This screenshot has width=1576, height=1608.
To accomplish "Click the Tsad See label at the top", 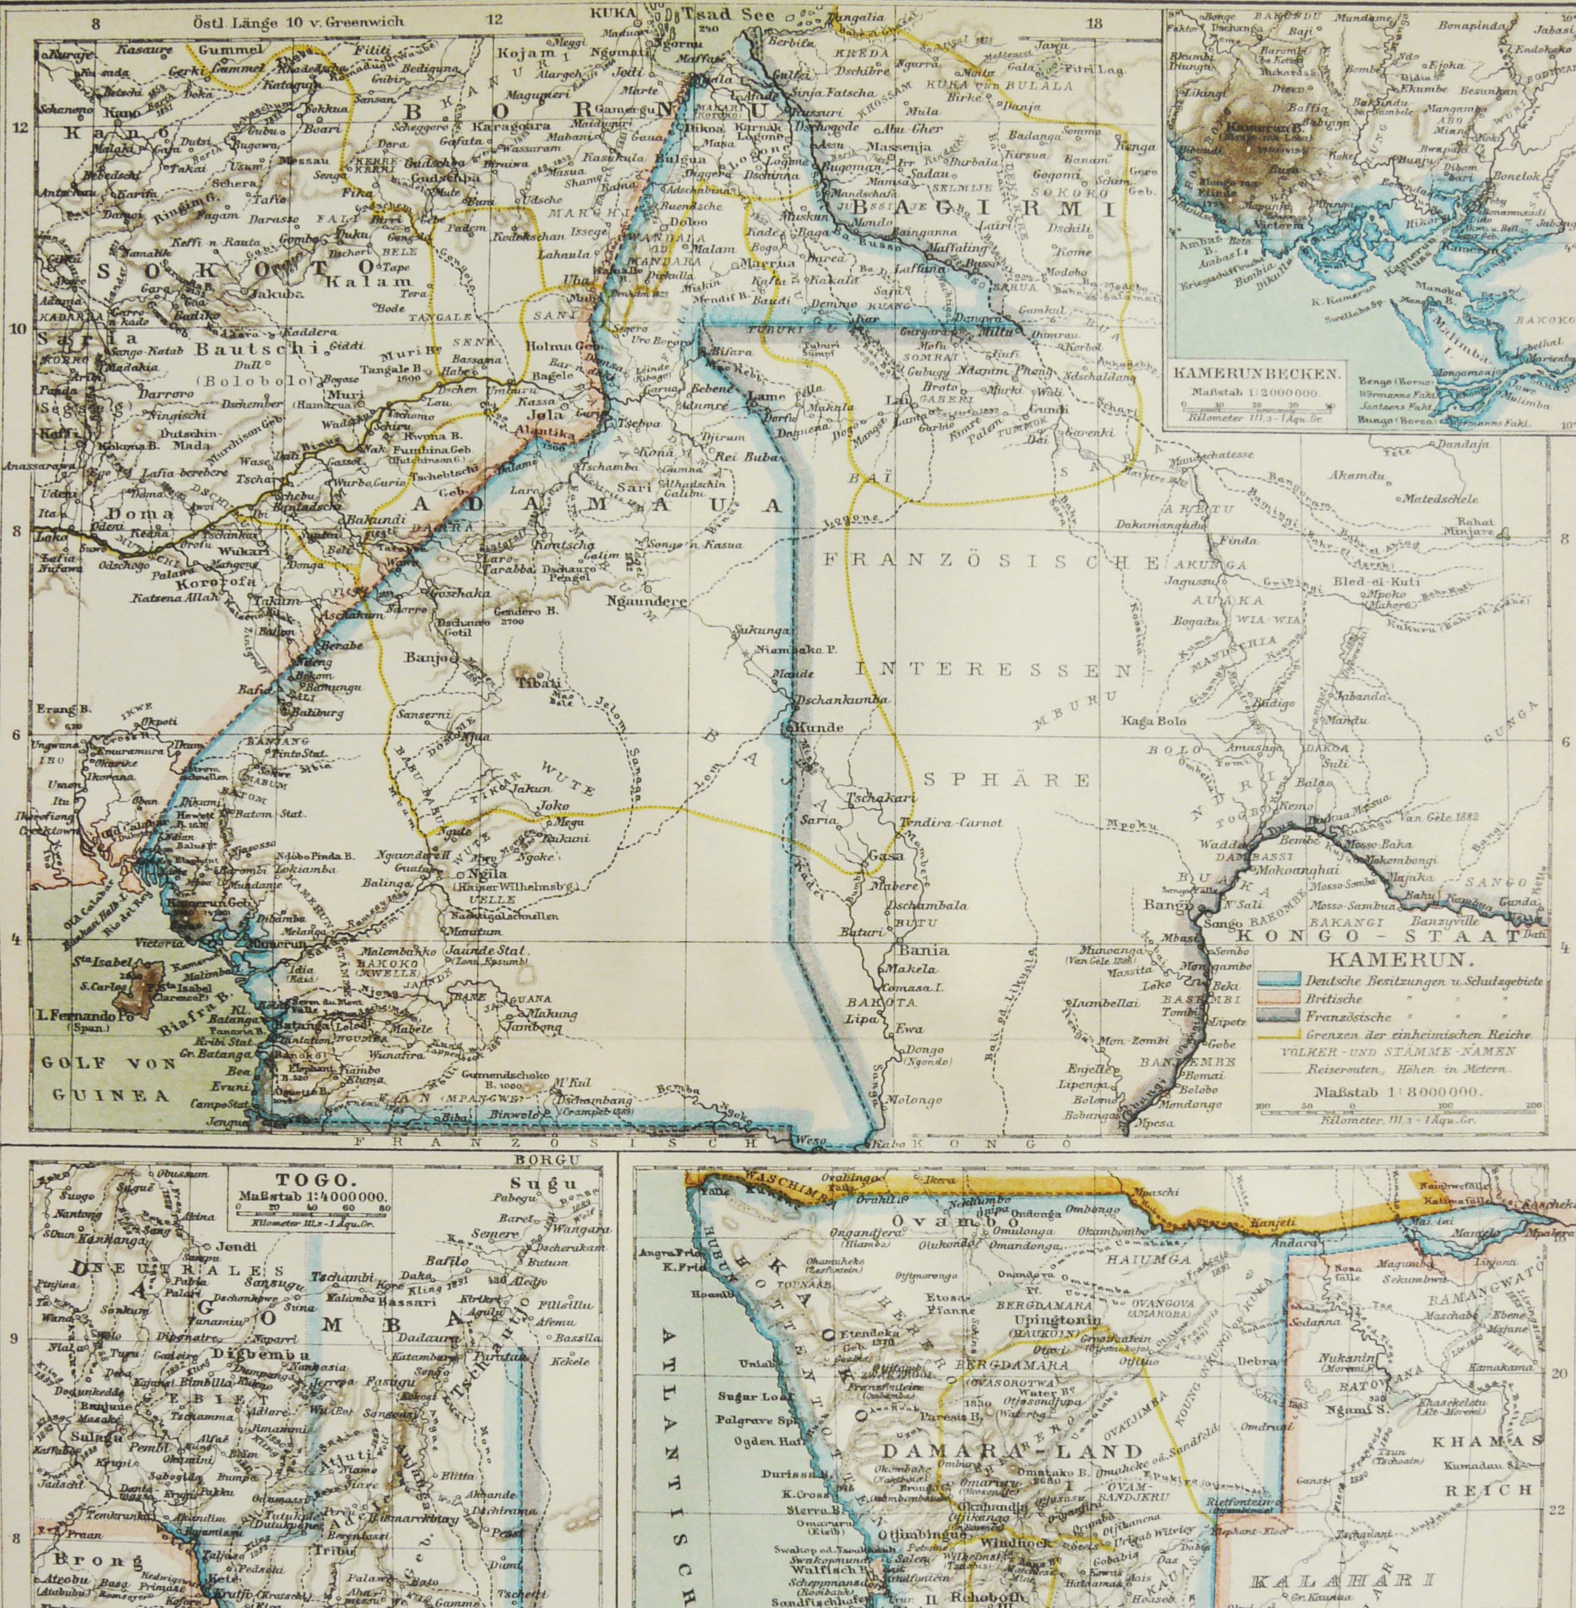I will pyautogui.click(x=728, y=16).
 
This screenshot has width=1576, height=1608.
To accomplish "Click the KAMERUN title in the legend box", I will pyautogui.click(x=1398, y=962).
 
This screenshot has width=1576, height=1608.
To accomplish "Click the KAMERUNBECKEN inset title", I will pyautogui.click(x=1256, y=374).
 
